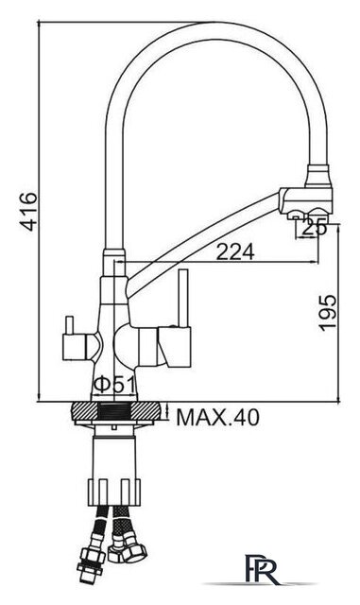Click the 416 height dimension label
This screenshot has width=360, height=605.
coord(29,212)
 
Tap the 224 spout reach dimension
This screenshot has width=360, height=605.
coord(235,252)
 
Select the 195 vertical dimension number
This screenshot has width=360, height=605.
coord(328,313)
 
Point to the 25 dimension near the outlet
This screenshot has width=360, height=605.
coord(314,229)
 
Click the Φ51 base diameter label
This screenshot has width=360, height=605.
coord(114,385)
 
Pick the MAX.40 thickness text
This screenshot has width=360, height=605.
coord(218,417)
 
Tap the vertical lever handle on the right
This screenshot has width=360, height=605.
coord(183,299)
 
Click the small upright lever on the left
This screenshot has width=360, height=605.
coord(69,325)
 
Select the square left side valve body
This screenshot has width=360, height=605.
coord(75,347)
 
